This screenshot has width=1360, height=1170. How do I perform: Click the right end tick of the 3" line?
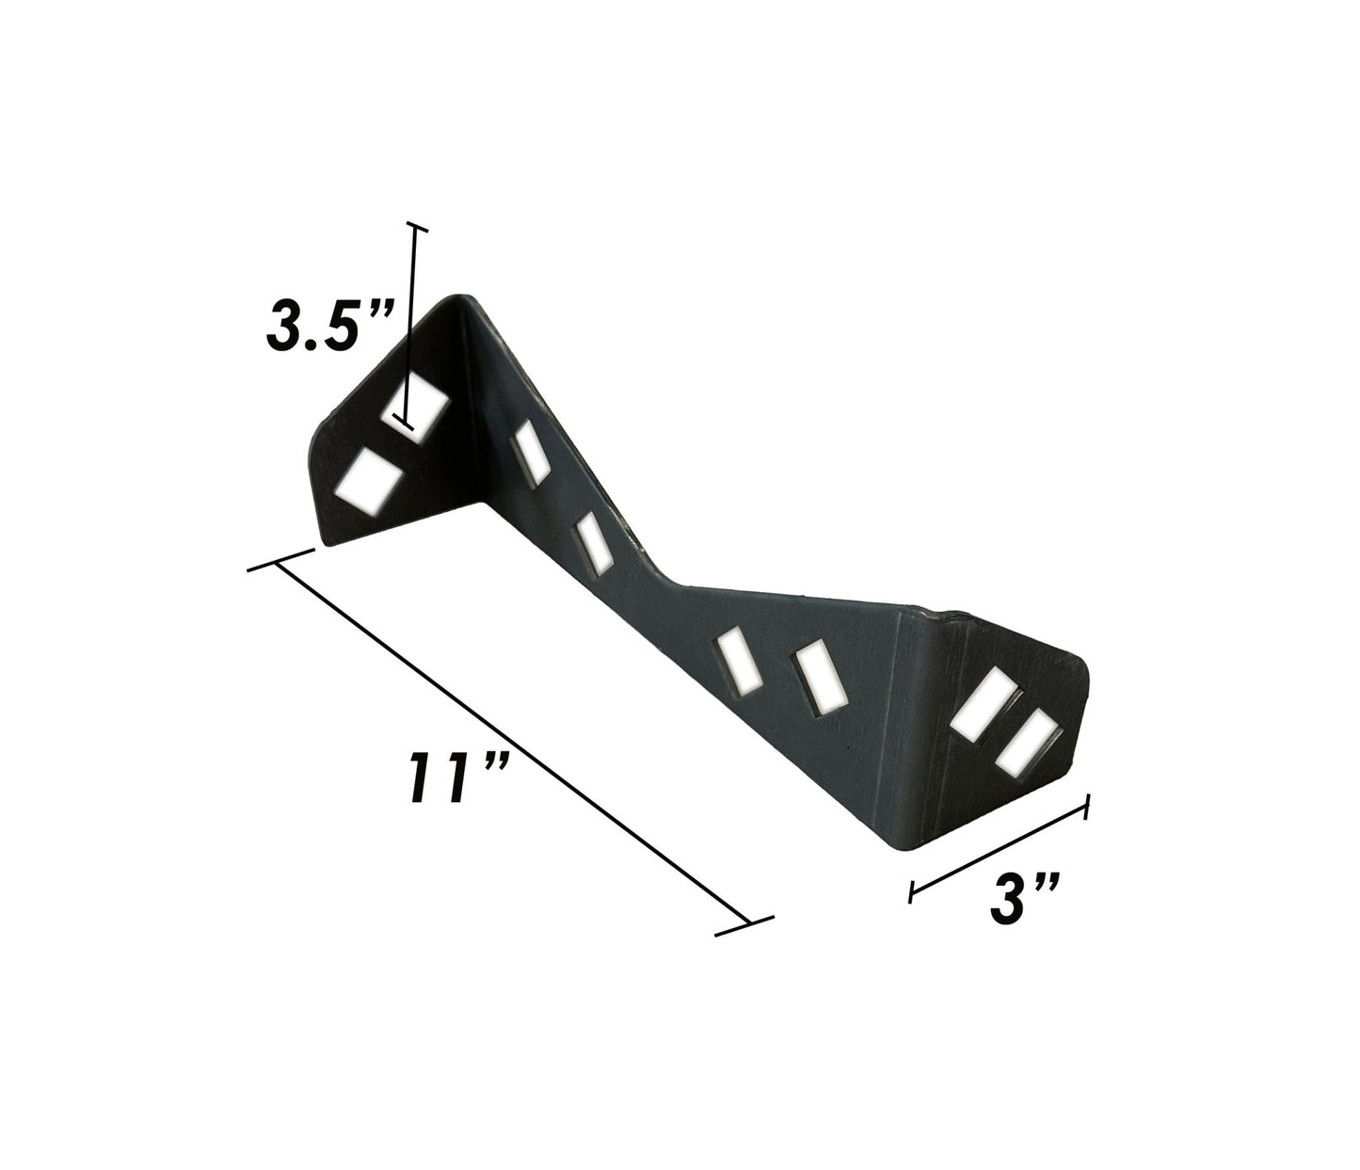point(1088,807)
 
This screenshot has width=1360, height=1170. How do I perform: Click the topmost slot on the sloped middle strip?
point(531,454)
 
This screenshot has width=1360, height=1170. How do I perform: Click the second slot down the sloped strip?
point(594,543)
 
